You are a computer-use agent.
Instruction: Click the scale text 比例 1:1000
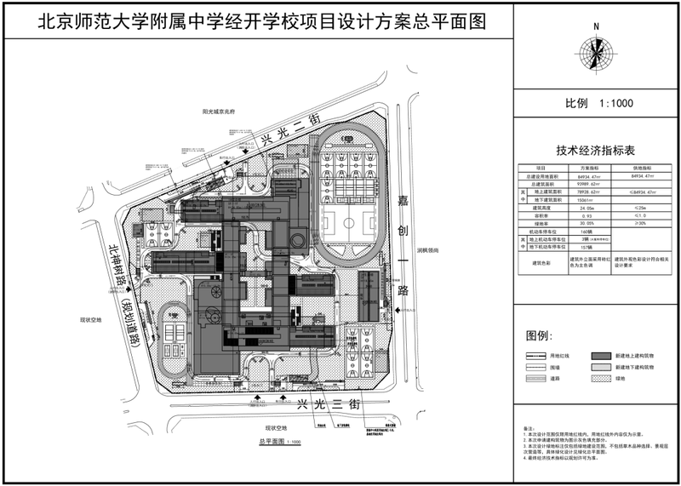(x=595, y=103)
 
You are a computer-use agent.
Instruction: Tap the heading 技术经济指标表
(x=595, y=151)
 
